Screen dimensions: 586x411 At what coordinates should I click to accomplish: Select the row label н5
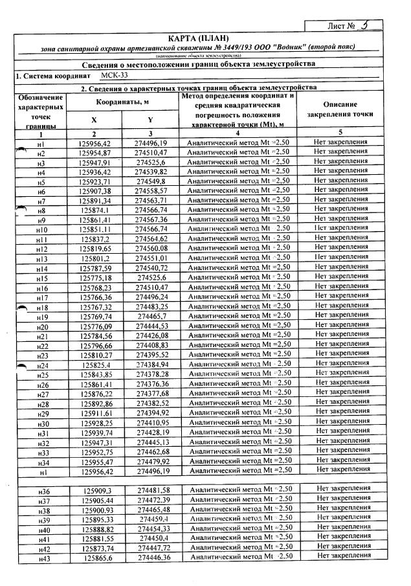pyautogui.click(x=41, y=183)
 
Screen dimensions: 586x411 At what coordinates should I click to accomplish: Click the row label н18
pyautogui.click(x=42, y=307)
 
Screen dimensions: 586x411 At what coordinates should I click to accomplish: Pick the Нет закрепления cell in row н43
pyautogui.click(x=342, y=556)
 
